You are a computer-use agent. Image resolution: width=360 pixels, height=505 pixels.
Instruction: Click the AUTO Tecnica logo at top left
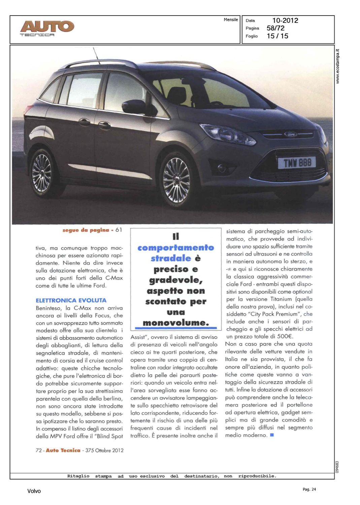(x=47, y=28)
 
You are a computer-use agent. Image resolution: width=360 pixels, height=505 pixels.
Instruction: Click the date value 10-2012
(x=285, y=21)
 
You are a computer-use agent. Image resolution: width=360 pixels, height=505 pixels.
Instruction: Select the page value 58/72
(x=275, y=28)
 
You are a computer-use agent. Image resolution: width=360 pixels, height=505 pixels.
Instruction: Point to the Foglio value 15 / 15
(x=277, y=36)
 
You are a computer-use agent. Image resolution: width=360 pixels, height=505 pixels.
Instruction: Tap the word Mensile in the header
(x=231, y=20)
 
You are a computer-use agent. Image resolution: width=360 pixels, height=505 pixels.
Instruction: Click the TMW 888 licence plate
(x=297, y=163)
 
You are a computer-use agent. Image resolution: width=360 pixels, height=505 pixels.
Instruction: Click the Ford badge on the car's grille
(x=291, y=134)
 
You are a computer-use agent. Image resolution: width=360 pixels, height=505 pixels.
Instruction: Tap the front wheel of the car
(x=176, y=180)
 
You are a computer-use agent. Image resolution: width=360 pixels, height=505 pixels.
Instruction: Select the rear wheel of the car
(x=42, y=173)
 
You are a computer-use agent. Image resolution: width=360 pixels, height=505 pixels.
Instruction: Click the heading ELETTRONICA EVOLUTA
(x=71, y=300)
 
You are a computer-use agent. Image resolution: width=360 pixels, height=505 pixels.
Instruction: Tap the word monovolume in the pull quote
(x=175, y=323)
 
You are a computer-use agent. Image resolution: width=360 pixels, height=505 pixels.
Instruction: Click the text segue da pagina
(x=86, y=230)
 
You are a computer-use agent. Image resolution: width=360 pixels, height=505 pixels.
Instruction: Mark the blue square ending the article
(x=272, y=435)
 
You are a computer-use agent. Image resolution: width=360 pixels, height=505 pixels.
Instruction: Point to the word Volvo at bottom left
(x=34, y=491)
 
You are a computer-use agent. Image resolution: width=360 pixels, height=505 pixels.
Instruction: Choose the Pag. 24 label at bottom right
(x=309, y=489)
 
